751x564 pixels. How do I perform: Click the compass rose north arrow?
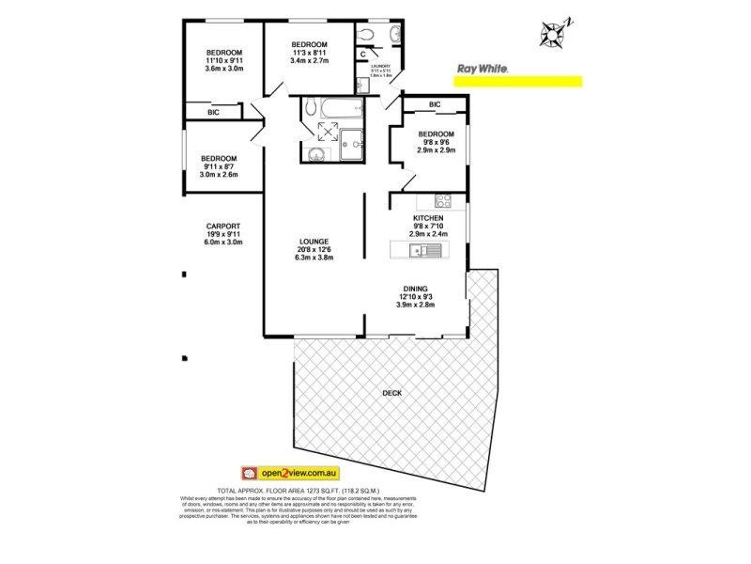pyautogui.click(x=551, y=34)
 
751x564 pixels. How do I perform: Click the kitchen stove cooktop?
pyautogui.click(x=443, y=199)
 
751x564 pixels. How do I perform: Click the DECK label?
pyautogui.click(x=392, y=393)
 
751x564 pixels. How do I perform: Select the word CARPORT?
pyautogui.click(x=223, y=226)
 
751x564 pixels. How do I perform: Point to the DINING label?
pyautogui.click(x=416, y=289)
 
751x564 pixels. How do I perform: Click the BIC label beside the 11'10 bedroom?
pyautogui.click(x=214, y=112)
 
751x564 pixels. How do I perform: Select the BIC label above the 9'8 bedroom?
pyautogui.click(x=435, y=104)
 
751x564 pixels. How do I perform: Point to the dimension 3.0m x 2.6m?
pyautogui.click(x=218, y=175)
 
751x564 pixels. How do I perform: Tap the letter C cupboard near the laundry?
pyautogui.click(x=362, y=55)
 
